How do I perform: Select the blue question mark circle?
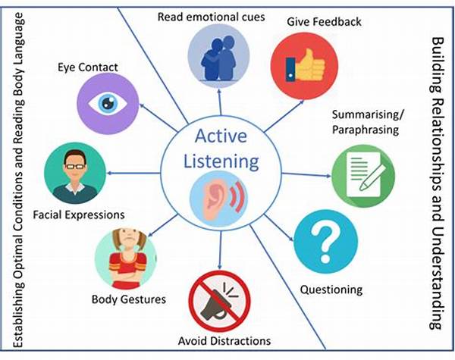[x=327, y=242]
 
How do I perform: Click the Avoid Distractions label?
[x=220, y=340]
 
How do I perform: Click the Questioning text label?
[x=331, y=289]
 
